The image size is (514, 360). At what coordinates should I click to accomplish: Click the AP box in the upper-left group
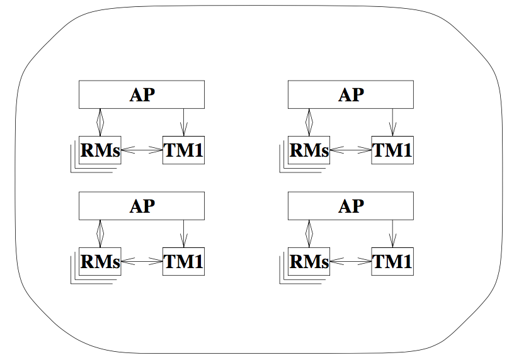click(x=142, y=94)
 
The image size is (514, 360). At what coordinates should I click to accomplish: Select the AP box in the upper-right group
click(x=351, y=94)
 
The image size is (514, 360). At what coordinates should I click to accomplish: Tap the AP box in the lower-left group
click(x=142, y=206)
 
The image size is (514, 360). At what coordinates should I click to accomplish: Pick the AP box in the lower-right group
click(x=351, y=206)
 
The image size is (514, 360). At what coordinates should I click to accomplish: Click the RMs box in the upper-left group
click(x=100, y=150)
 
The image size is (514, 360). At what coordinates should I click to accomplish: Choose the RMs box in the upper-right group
click(x=309, y=150)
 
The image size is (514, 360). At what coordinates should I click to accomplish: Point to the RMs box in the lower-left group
click(x=100, y=261)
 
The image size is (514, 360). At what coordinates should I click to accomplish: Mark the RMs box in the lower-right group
click(x=309, y=261)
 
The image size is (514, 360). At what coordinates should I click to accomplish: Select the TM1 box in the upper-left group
click(x=183, y=150)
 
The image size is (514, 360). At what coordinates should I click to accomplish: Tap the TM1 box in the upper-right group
click(x=392, y=150)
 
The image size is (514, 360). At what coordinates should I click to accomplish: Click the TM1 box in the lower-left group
click(x=183, y=261)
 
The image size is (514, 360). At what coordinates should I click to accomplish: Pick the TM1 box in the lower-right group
click(x=392, y=261)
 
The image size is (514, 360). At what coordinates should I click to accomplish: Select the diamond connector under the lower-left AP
click(x=100, y=233)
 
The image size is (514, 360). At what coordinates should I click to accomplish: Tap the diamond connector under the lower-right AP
click(x=309, y=233)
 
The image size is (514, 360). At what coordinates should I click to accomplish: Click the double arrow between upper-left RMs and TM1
click(x=142, y=150)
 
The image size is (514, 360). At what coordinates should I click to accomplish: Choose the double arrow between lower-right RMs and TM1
click(x=350, y=261)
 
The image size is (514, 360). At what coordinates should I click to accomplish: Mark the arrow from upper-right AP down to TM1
click(x=392, y=121)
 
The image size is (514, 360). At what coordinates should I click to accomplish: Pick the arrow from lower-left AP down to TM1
click(x=183, y=233)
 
